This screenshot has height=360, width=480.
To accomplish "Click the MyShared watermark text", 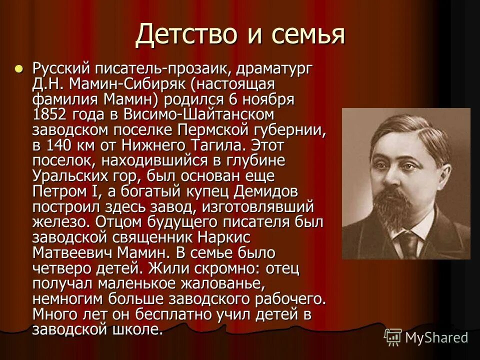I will pyautogui.click(x=436, y=337).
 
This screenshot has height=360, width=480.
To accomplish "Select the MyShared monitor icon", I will pyautogui.click(x=392, y=337).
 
